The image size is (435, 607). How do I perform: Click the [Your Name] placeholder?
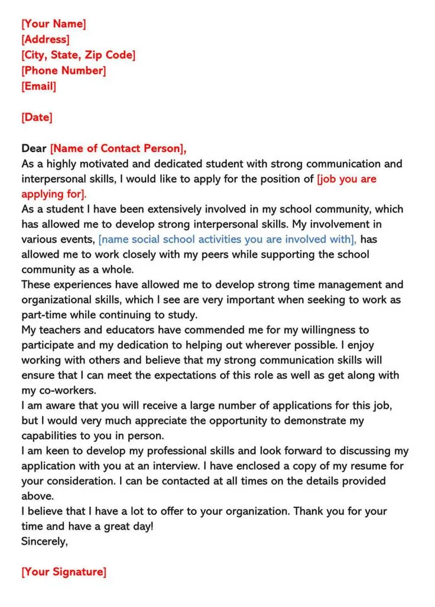53,24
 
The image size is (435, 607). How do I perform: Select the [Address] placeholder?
46,40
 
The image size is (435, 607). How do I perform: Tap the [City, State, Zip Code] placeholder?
79,56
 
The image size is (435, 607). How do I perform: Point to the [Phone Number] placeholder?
64,71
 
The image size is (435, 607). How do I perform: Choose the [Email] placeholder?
39,86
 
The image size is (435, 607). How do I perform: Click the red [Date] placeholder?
37,117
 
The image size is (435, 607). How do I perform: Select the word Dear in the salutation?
34,148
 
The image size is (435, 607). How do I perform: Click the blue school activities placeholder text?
228,239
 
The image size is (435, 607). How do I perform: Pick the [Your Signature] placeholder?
64,572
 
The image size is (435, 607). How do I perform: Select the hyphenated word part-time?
44,315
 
